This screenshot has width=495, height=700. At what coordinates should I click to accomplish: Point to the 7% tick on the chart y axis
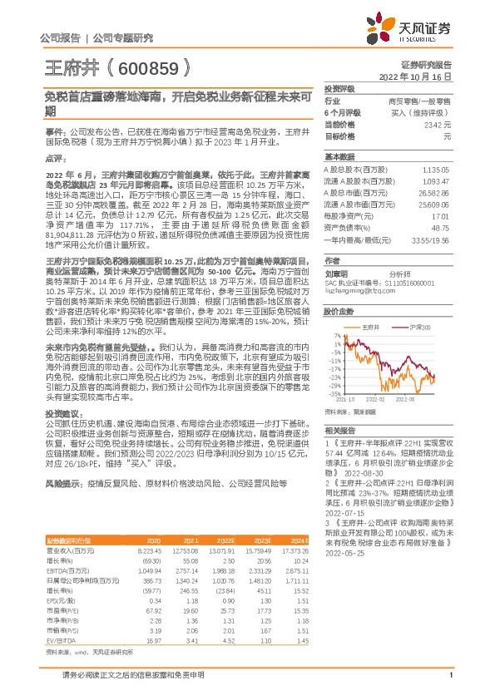337,336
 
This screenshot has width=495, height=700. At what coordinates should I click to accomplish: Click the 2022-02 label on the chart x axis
377,398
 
